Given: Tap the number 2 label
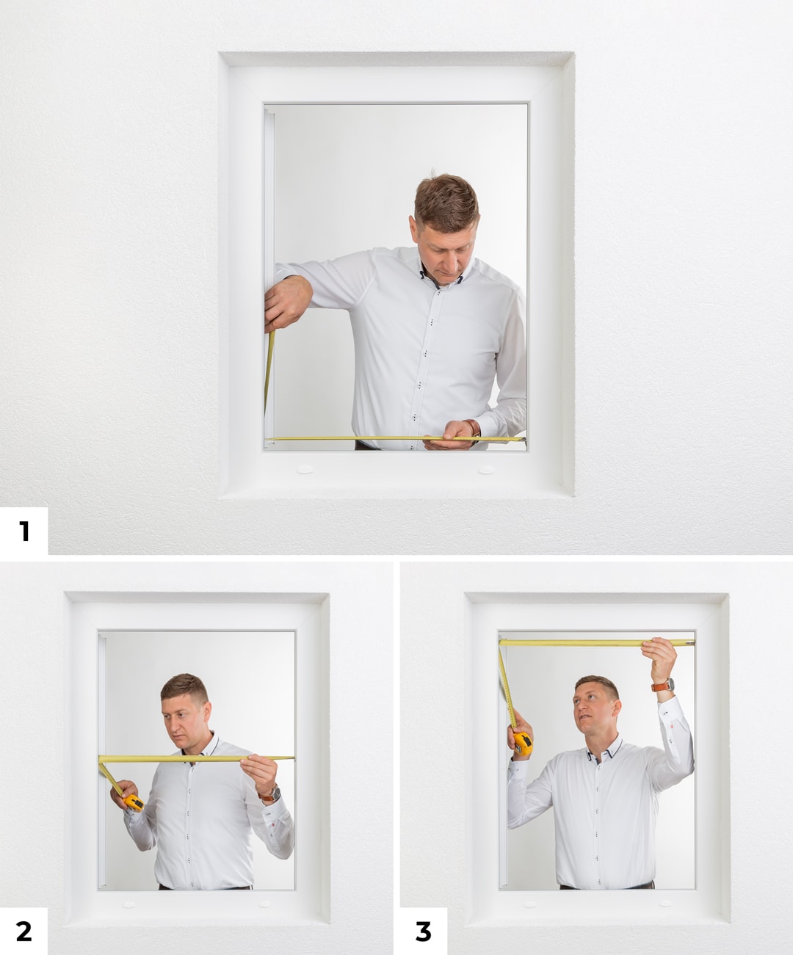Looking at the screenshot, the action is (x=23, y=931).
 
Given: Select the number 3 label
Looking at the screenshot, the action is (x=423, y=931).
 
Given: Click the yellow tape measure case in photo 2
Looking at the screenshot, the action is (x=134, y=803).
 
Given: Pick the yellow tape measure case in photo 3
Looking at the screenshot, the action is (x=523, y=744).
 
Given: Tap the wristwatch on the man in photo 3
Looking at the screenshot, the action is (x=664, y=686).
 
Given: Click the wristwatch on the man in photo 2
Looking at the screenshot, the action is (x=270, y=794).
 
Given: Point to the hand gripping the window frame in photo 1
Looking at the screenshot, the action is (x=287, y=302).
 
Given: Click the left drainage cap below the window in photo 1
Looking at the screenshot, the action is (x=305, y=469).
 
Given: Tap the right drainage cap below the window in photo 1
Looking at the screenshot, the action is (x=486, y=470).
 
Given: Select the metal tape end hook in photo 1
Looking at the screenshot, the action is (x=524, y=440).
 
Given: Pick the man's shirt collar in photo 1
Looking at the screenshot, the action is (x=441, y=274).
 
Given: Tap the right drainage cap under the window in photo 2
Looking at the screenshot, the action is (x=264, y=904).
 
